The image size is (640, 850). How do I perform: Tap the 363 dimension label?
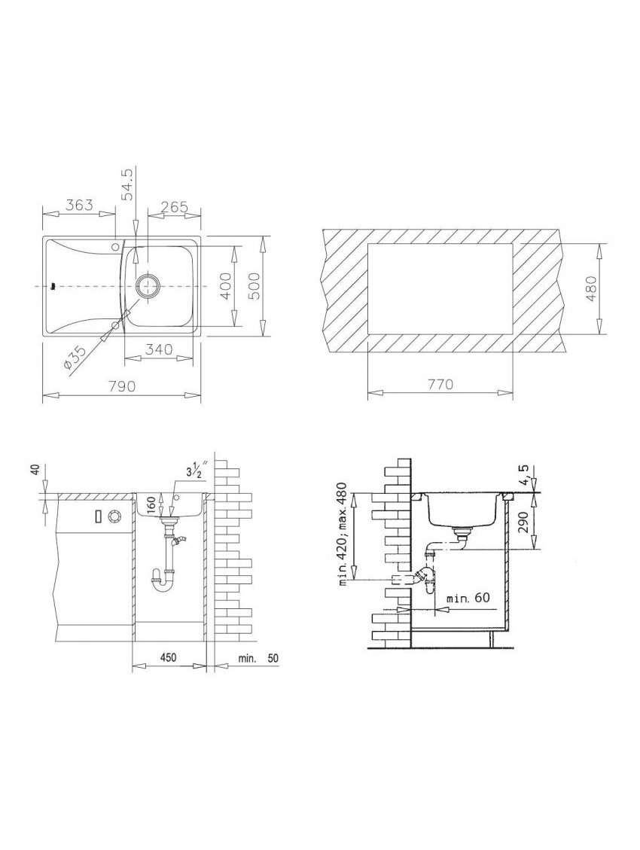click(80, 206)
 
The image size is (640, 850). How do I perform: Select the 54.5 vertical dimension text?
click(126, 184)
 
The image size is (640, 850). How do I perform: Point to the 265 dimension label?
click(175, 206)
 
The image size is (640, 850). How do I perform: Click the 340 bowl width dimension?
click(160, 349)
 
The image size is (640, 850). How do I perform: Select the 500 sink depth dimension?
click(254, 285)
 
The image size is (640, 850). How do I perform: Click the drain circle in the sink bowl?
click(148, 285)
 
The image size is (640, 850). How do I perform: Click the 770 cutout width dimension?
click(440, 384)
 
